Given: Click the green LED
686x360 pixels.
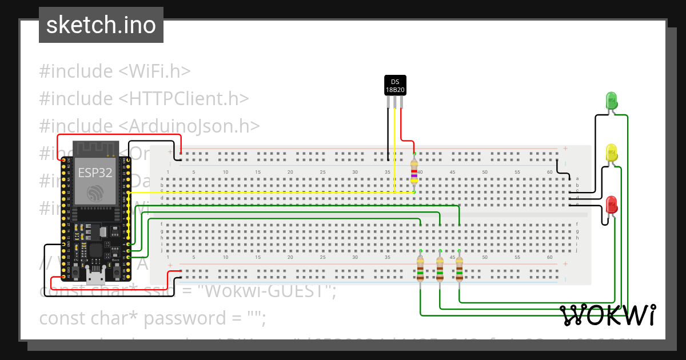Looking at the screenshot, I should [x=611, y=101].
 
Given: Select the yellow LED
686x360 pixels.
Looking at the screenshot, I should [x=611, y=153].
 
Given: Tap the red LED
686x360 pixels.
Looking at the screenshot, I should [x=611, y=205].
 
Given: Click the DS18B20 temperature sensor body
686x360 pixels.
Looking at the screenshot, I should [x=394, y=86].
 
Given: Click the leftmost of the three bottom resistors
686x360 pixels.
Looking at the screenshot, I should [x=420, y=269].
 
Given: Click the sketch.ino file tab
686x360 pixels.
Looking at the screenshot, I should [x=101, y=25].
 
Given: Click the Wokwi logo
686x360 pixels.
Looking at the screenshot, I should [x=607, y=315].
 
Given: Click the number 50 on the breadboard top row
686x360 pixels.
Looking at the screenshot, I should [x=485, y=172].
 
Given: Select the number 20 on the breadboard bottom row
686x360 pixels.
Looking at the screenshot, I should [x=290, y=258].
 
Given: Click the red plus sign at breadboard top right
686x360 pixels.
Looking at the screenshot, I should [x=565, y=149].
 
